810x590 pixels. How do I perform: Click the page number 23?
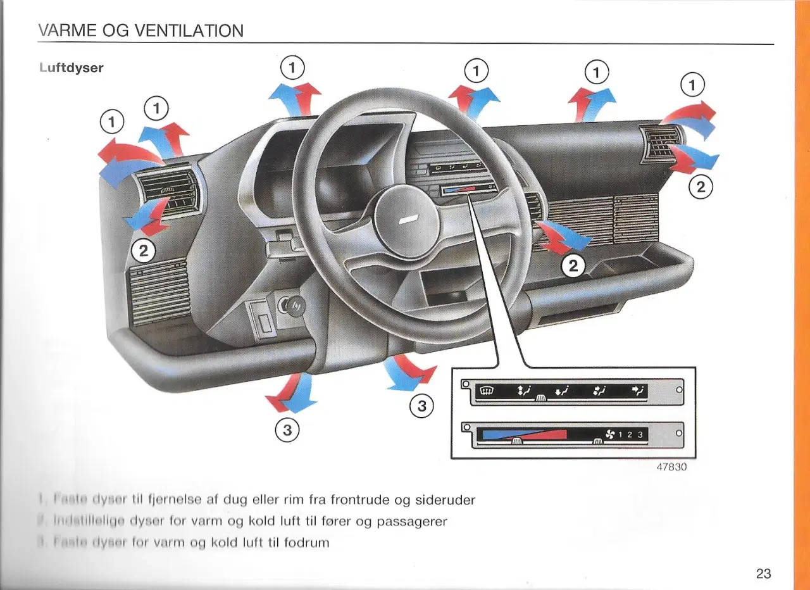(x=763, y=574)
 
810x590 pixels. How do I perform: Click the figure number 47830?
(x=671, y=467)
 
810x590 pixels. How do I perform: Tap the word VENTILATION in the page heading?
(x=189, y=30)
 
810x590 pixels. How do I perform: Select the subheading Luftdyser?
(x=71, y=68)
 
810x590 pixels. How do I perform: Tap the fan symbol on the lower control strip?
(x=610, y=434)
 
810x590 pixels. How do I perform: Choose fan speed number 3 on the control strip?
(x=640, y=434)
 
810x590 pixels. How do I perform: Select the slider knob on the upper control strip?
(x=540, y=397)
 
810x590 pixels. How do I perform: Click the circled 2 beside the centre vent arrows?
(x=573, y=266)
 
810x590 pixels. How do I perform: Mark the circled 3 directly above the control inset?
(x=422, y=406)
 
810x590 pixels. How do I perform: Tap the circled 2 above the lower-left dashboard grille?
(x=144, y=251)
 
